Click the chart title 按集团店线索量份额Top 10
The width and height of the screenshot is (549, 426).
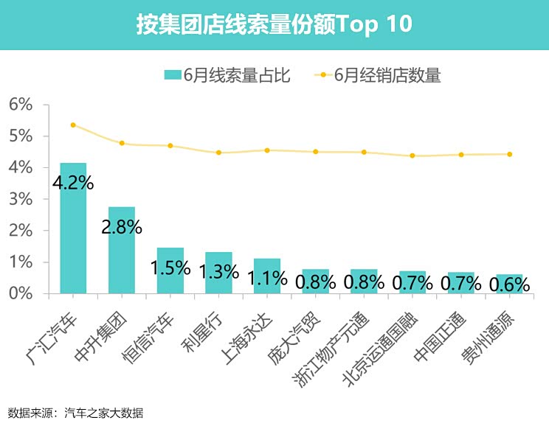[x=274, y=24]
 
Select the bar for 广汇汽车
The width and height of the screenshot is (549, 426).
[x=73, y=228]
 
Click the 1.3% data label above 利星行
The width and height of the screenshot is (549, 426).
[x=218, y=272]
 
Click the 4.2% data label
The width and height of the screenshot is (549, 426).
[x=73, y=182]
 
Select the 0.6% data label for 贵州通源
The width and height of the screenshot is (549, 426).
[x=510, y=283]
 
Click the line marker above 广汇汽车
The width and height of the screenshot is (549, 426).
[x=73, y=125]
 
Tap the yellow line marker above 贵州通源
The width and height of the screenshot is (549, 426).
[x=510, y=154]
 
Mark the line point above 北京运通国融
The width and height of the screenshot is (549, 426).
[x=412, y=156]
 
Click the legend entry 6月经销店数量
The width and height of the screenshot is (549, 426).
[x=378, y=74]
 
